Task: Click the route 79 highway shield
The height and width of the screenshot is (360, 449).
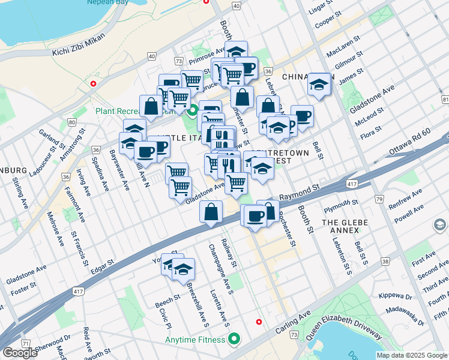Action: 379,198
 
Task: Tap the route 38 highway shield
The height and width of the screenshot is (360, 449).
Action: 385,262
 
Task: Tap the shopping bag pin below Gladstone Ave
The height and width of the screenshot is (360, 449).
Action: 211,212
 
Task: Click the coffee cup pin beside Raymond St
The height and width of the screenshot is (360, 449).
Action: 255,215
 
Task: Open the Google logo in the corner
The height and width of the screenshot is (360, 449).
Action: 20,353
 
